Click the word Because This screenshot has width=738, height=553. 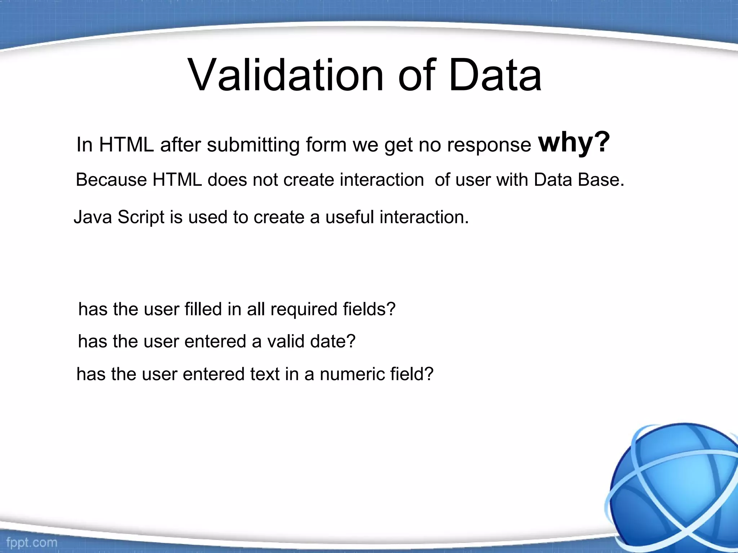[x=111, y=180]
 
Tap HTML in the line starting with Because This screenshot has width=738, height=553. [x=177, y=180]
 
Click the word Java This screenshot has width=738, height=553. [x=93, y=217]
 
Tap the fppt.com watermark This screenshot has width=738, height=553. [x=32, y=542]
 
